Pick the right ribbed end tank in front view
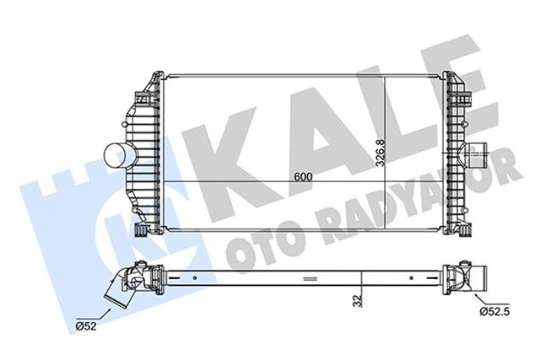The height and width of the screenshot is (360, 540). (454, 156)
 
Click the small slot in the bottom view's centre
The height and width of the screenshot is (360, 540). (307, 277)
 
